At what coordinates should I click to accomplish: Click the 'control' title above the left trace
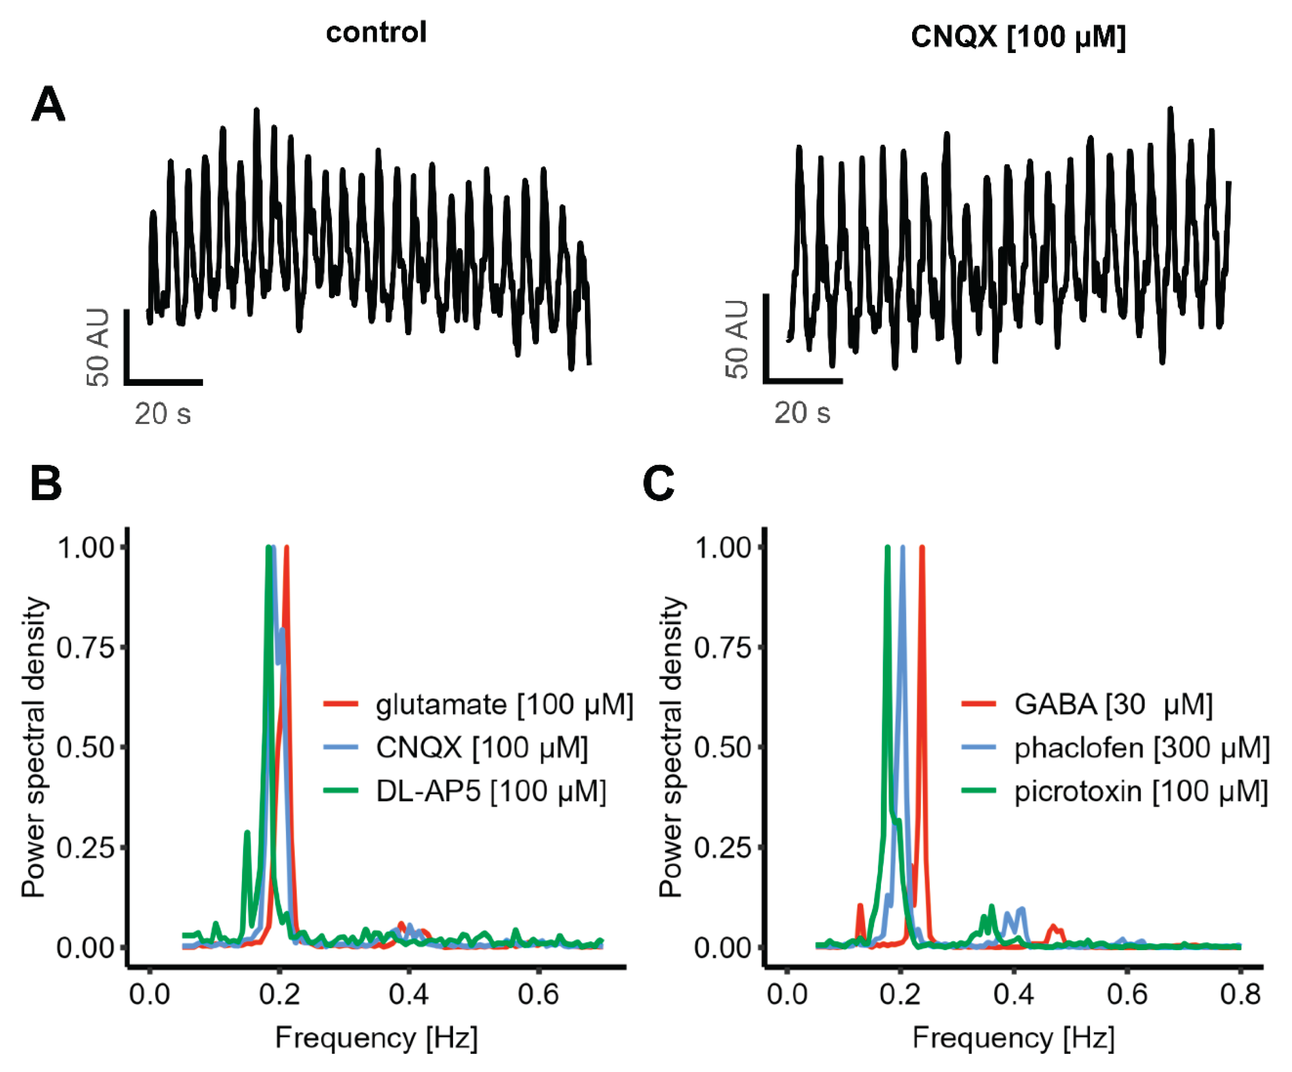coord(376,33)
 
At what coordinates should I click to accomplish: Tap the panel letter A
coord(48,105)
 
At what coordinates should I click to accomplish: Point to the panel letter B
coord(46,484)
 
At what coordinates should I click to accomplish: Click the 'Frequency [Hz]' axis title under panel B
coord(376,1038)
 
